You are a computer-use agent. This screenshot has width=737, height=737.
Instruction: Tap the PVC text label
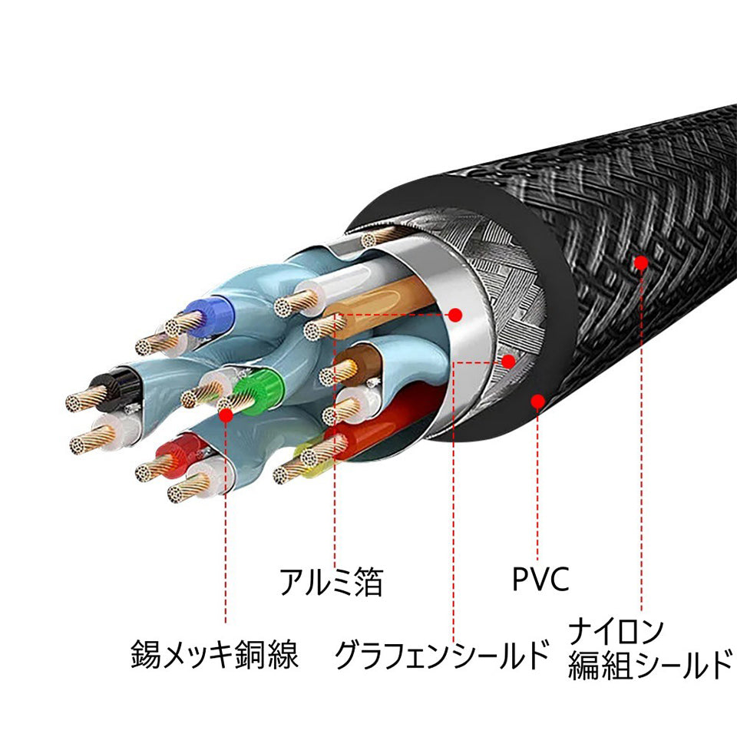540,580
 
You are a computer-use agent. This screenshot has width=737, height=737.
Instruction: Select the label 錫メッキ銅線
214,656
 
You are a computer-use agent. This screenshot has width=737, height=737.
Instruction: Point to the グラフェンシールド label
443,656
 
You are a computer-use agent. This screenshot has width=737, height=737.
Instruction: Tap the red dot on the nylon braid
640,263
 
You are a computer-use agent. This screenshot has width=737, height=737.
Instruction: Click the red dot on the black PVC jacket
537,400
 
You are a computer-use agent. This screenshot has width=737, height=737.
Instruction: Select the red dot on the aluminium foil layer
455,314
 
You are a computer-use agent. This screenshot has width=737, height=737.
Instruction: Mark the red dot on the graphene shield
507,360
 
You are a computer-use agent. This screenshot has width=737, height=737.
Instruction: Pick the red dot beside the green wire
226,415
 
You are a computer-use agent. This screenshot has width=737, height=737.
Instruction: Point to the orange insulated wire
384,299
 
